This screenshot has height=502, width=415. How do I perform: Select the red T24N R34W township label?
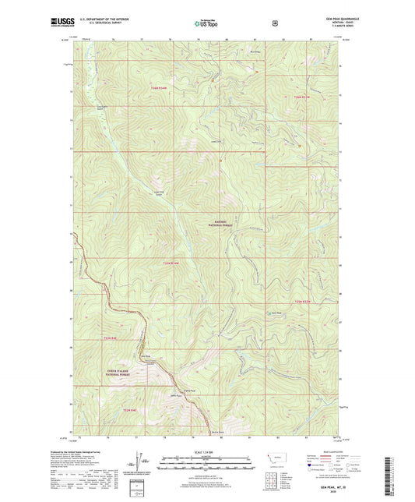click(x=157, y=88)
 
